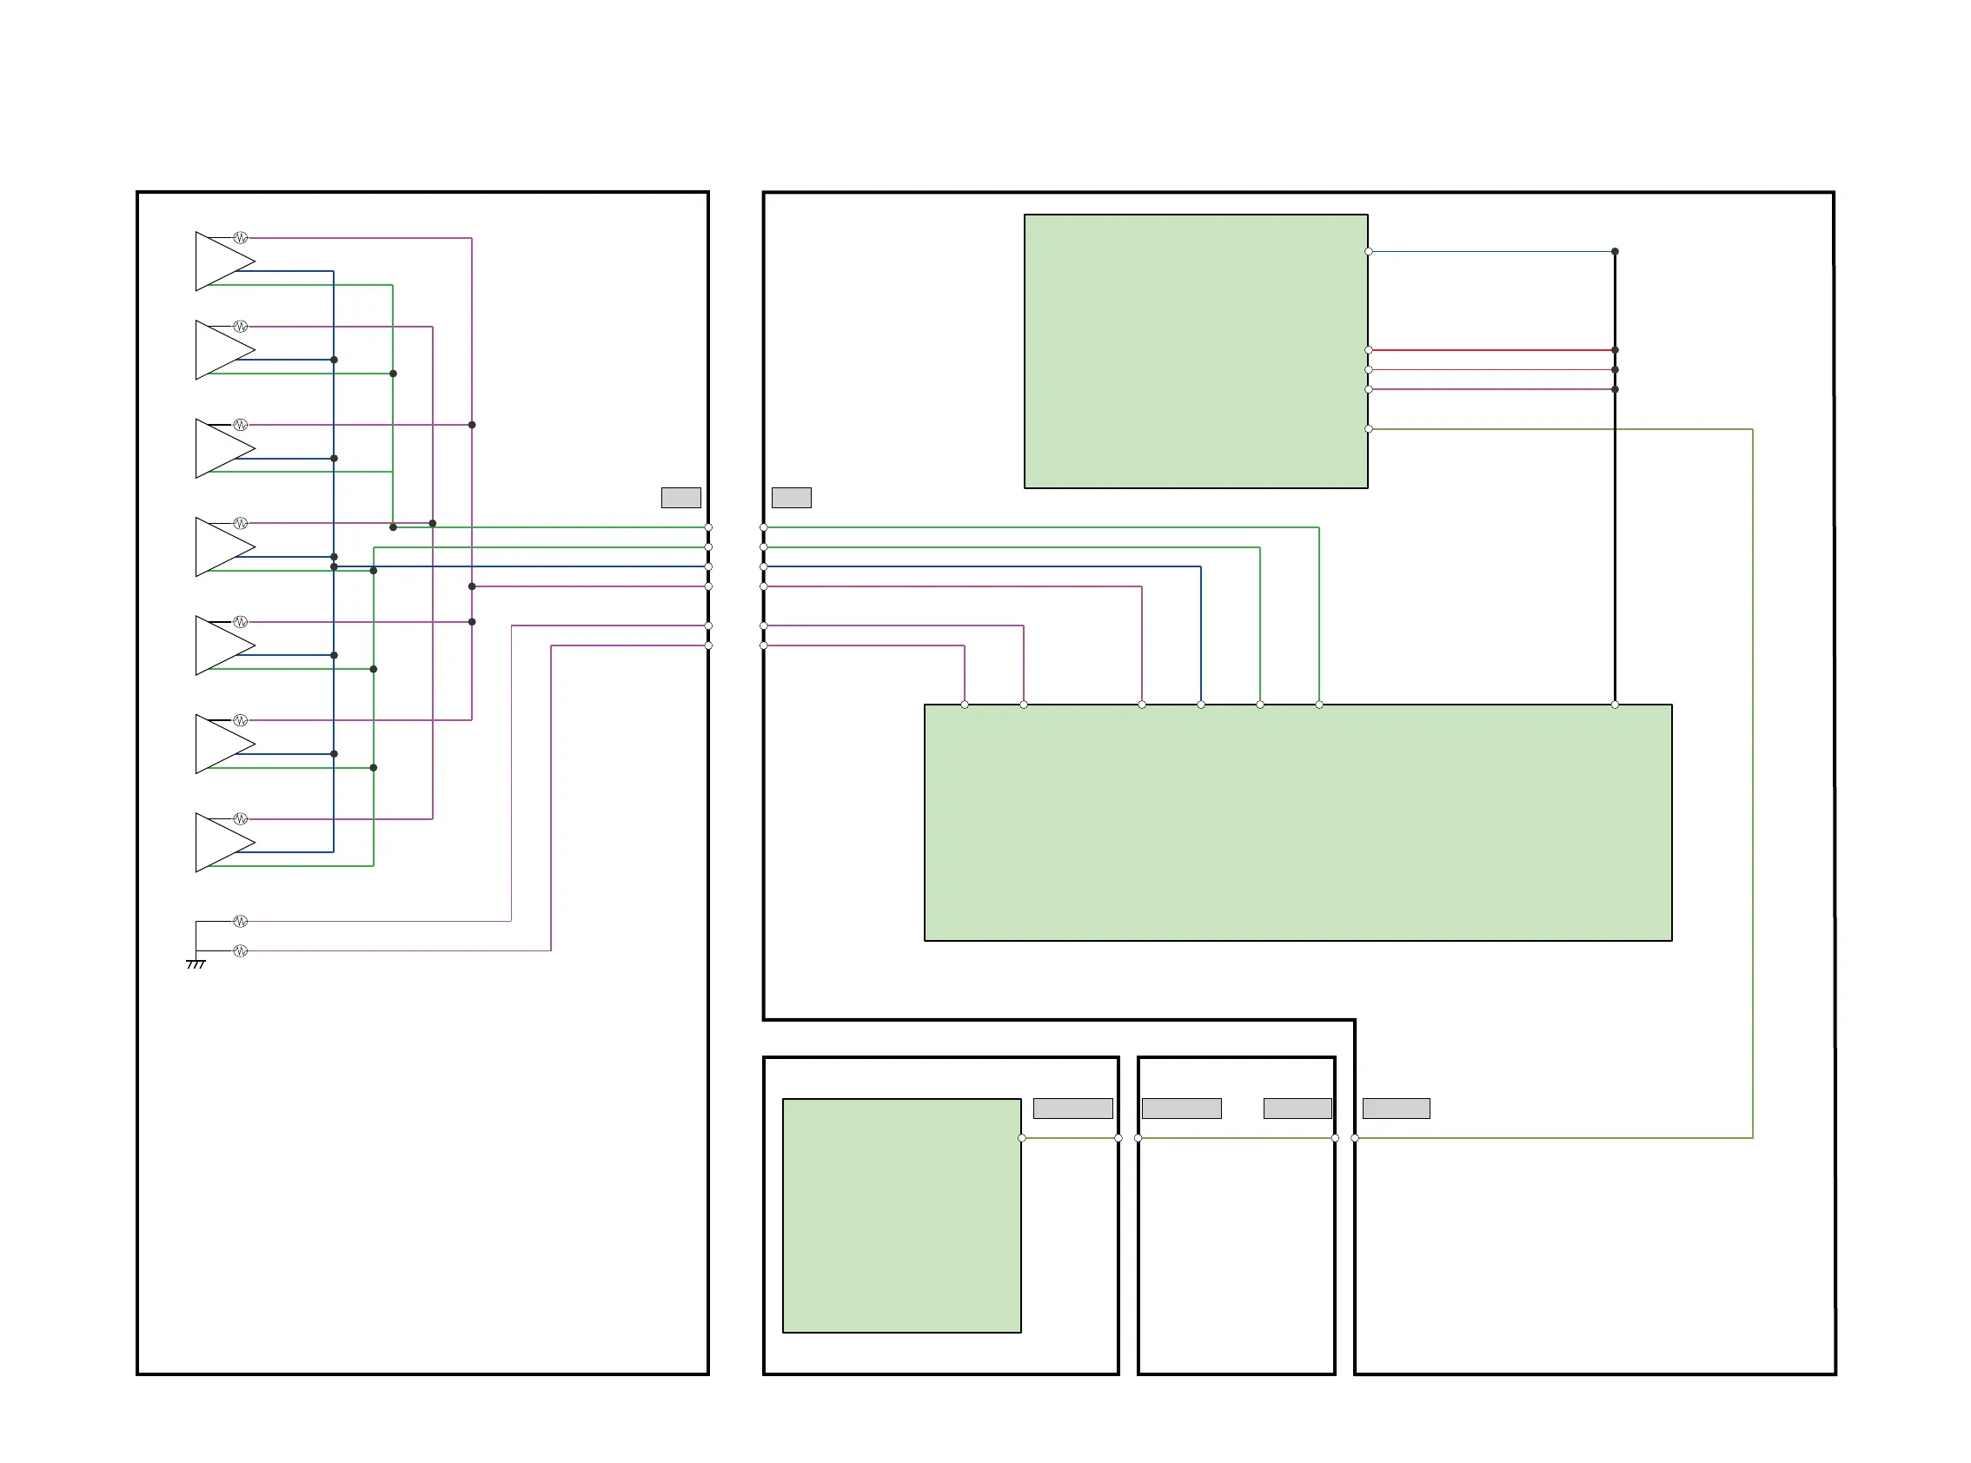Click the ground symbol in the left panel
[196, 963]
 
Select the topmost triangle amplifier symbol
[222, 261]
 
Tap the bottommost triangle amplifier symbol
[222, 842]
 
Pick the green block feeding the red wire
[1195, 351]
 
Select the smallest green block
[901, 1215]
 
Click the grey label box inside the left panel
[680, 498]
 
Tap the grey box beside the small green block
[1072, 1108]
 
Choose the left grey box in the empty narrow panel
[1181, 1108]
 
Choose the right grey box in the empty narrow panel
[1297, 1108]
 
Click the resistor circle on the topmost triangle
[240, 238]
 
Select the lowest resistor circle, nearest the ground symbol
[240, 951]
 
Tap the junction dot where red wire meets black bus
[1614, 350]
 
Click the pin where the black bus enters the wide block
[1614, 705]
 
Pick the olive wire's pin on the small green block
[1021, 1138]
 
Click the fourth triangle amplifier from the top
[222, 547]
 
